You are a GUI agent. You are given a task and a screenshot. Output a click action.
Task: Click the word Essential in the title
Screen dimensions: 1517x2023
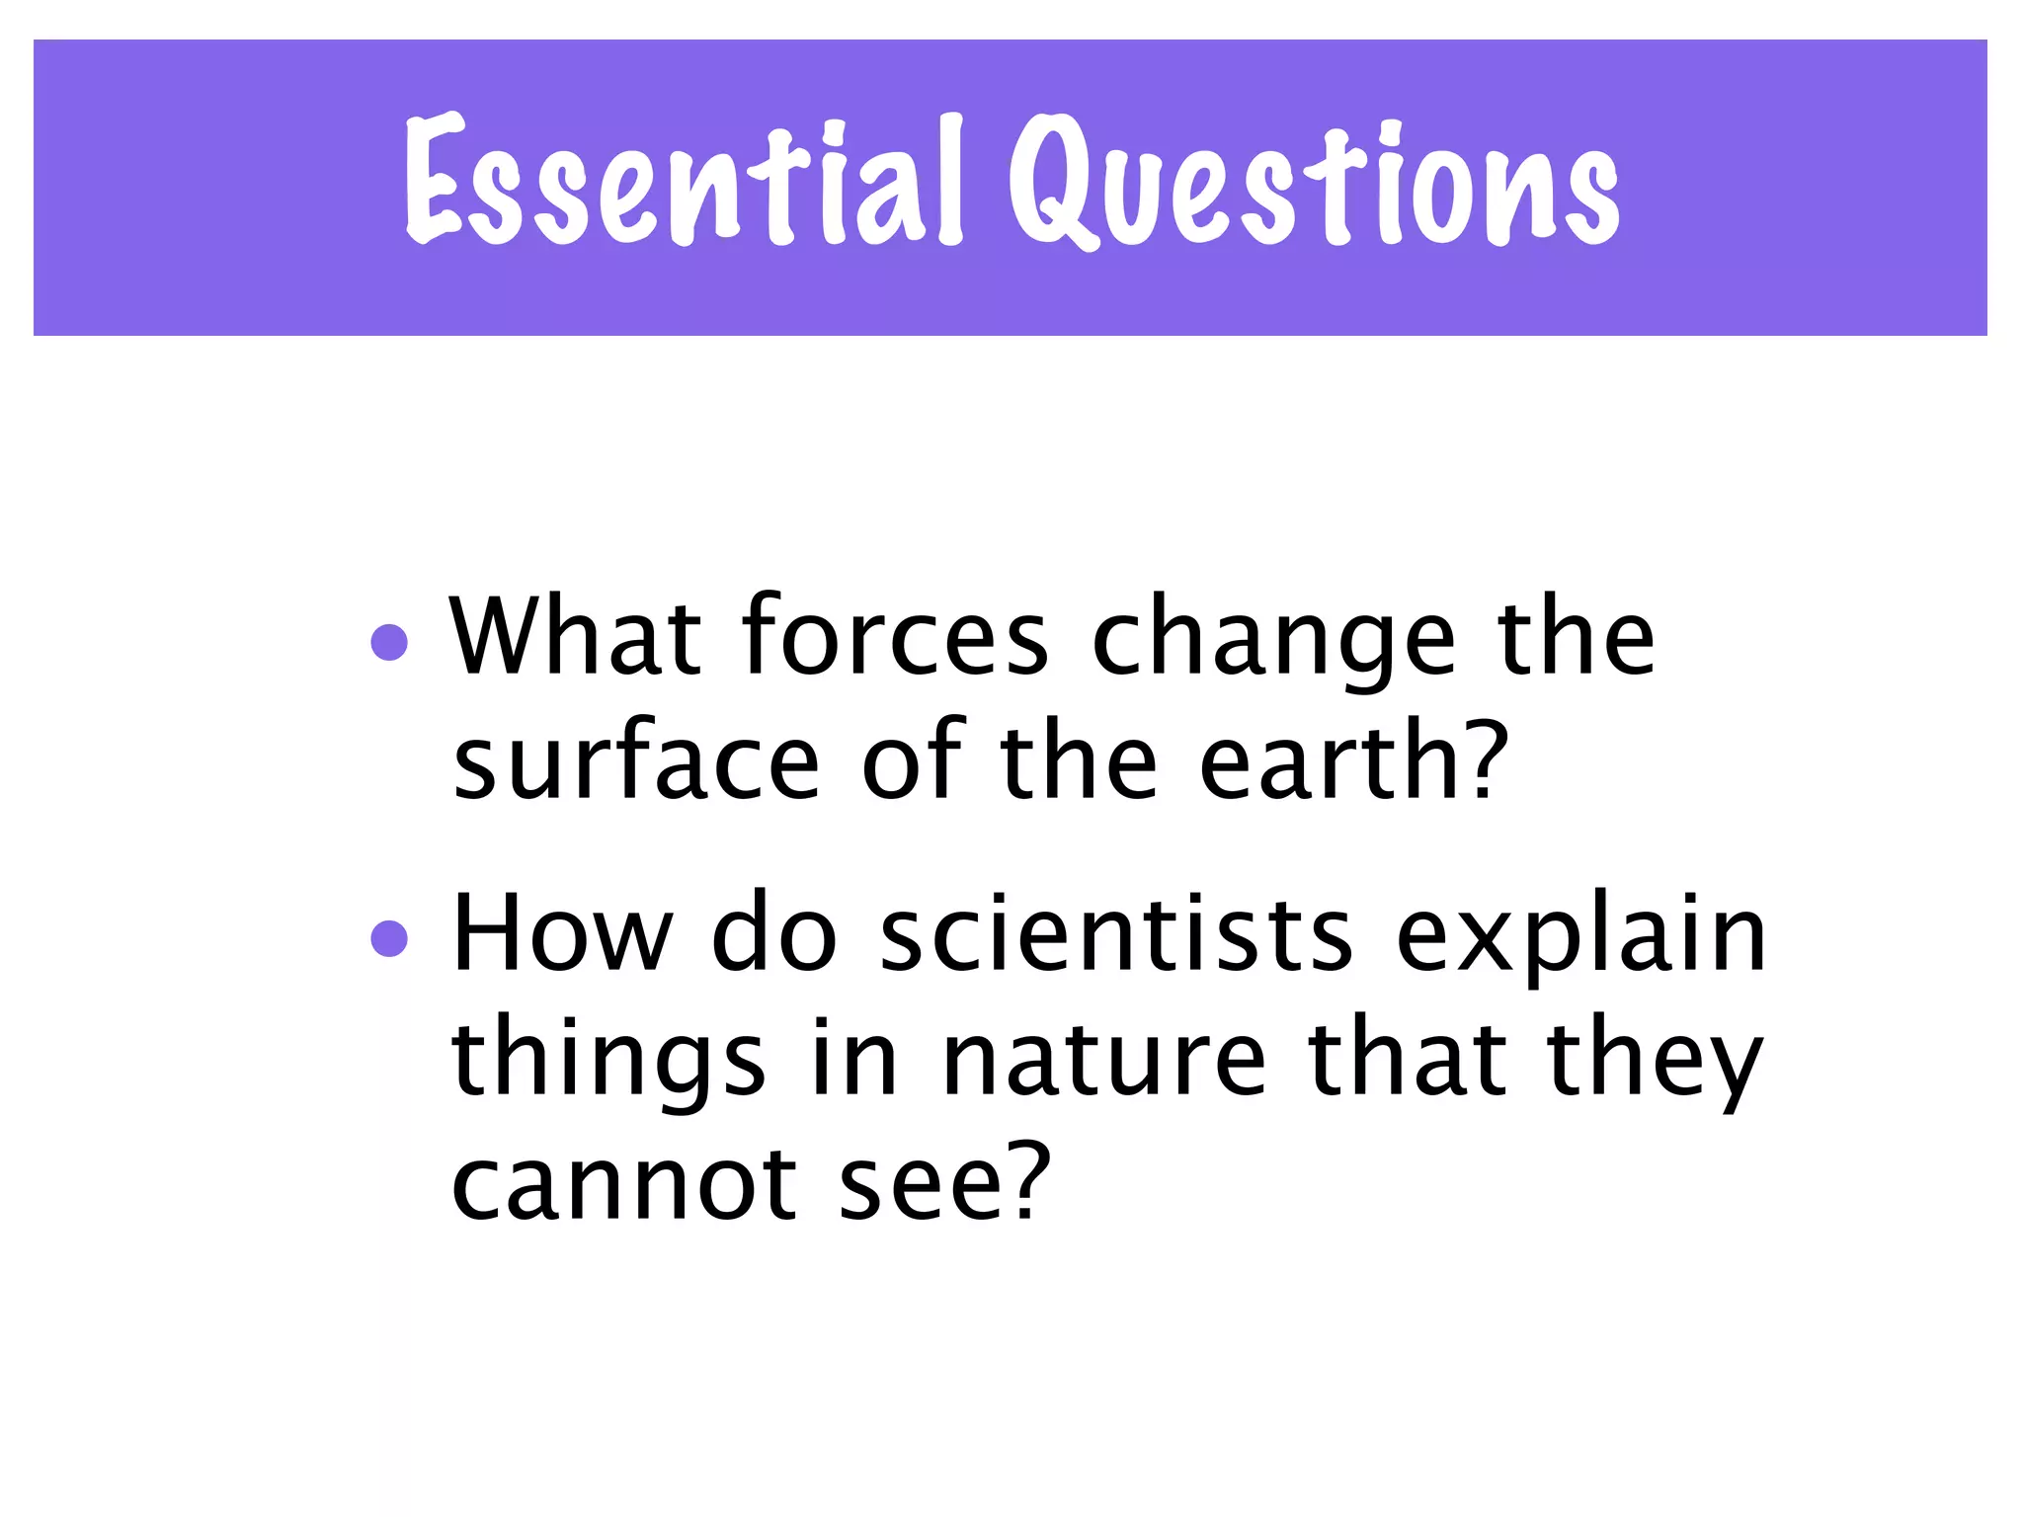(682, 183)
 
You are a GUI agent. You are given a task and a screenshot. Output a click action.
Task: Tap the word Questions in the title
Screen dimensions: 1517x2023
(1314, 183)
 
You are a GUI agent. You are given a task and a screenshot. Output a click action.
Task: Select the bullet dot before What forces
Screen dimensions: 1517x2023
(389, 642)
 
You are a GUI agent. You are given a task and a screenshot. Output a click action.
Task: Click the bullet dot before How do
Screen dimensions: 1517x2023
(389, 938)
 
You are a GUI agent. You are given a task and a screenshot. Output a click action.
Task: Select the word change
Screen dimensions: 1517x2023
(1274, 642)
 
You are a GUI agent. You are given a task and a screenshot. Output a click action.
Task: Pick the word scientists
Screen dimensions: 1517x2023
(1116, 933)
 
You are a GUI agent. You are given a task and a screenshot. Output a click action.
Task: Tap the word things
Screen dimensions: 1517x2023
(608, 1062)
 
